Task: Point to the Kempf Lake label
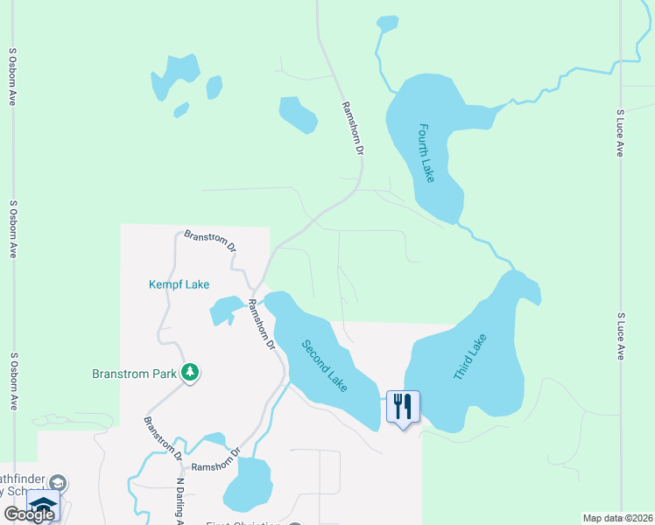179,284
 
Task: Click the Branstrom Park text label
135,374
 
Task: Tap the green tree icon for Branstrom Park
190,373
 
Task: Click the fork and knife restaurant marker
403,406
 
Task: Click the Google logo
29,514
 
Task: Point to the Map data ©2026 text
617,518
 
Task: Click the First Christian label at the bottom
246,522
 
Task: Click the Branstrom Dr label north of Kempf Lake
211,241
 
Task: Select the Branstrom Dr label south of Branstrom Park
163,438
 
